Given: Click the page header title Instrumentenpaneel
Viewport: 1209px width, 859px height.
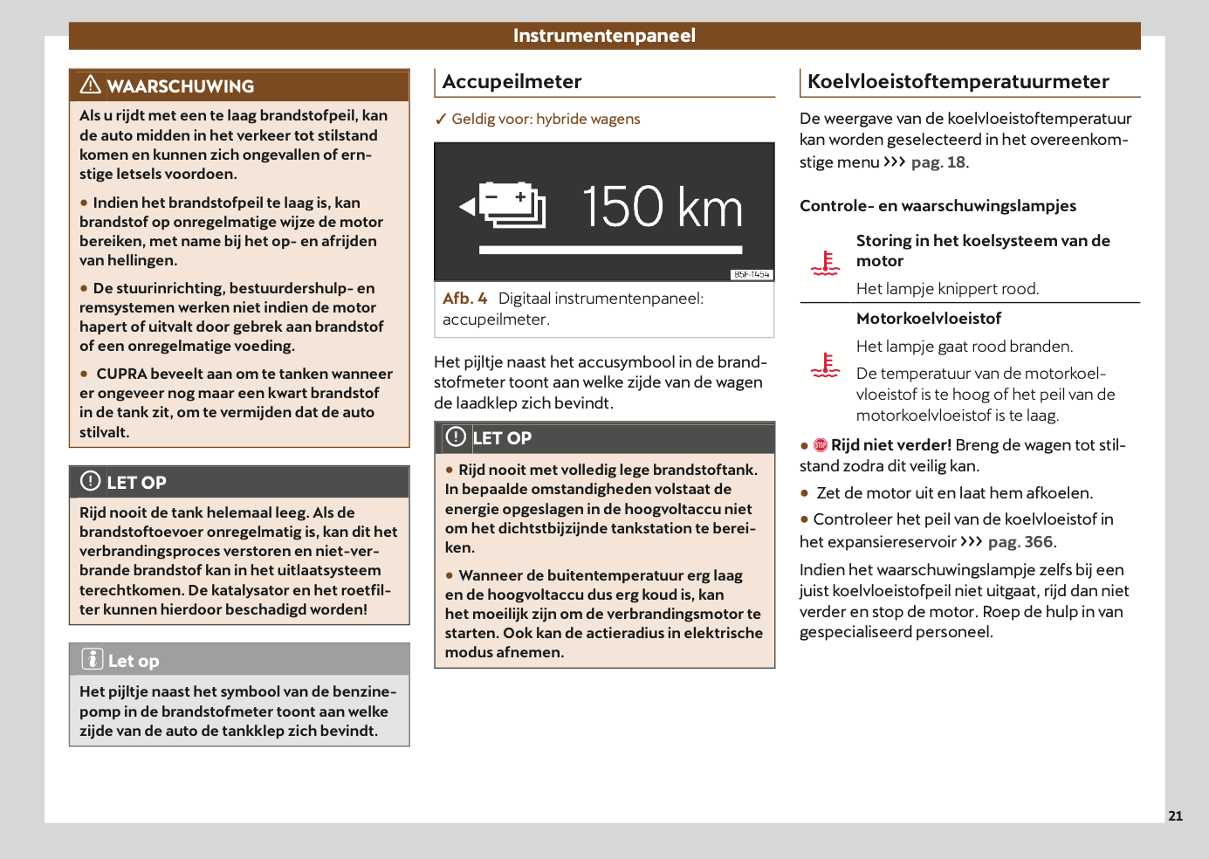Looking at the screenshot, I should click(604, 36).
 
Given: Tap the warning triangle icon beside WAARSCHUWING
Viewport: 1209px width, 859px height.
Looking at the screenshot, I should click(90, 85).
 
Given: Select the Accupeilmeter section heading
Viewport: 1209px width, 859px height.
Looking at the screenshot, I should click(512, 82).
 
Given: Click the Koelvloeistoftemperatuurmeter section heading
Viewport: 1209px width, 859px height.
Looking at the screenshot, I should click(958, 82).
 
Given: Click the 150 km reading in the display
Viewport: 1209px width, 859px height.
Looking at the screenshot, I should click(662, 207).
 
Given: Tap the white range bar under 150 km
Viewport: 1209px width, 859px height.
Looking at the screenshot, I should click(610, 251).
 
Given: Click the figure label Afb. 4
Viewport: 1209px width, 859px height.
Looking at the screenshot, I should click(464, 299).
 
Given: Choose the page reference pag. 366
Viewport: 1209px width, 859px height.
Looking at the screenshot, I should click(1020, 542).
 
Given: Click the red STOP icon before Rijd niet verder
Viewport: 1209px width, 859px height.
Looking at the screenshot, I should click(821, 445).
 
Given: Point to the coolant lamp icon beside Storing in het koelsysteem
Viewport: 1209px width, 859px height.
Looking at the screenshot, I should click(825, 263).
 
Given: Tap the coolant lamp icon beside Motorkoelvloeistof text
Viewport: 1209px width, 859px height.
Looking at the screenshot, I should click(825, 365).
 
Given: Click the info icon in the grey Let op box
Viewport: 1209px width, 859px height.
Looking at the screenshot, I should click(93, 659).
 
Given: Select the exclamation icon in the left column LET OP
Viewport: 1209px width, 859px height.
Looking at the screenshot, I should click(91, 481).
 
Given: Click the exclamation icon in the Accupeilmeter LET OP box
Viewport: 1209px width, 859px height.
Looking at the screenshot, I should click(456, 436).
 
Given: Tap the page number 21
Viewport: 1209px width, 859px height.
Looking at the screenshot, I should click(1175, 815).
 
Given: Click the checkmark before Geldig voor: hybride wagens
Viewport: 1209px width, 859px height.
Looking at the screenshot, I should click(441, 120).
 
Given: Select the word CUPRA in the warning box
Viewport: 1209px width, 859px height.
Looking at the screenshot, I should click(121, 374).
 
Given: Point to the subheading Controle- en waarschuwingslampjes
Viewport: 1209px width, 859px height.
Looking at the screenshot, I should click(938, 206).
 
